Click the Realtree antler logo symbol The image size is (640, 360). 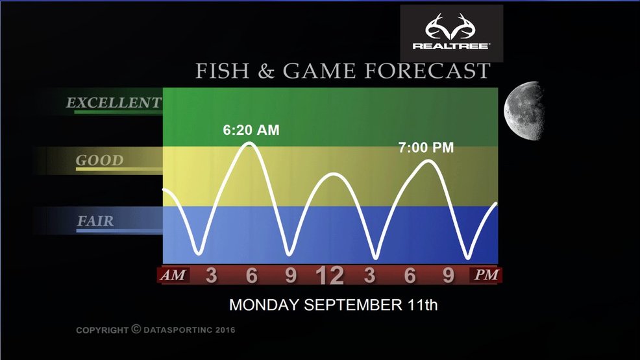coord(451,26)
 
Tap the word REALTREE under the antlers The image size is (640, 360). coord(451,46)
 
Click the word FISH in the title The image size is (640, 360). coord(223,71)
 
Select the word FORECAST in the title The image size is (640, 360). coord(427,71)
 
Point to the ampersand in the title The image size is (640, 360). coord(265,71)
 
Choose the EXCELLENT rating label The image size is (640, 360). coord(114,102)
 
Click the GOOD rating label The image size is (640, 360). coord(99,160)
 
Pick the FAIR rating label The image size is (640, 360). coord(95,221)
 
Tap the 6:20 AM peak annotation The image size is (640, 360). coord(251,130)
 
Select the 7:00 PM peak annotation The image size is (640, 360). coord(426,148)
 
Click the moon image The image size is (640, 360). coord(524,110)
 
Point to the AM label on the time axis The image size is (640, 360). coord(173,275)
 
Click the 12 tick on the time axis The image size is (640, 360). coord(330,276)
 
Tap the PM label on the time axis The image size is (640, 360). coord(486,275)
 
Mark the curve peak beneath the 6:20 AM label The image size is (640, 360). coord(249,143)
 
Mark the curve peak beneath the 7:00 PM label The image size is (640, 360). coord(428,161)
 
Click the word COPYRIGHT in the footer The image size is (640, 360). coord(102,330)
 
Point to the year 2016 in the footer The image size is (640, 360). coord(225,330)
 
